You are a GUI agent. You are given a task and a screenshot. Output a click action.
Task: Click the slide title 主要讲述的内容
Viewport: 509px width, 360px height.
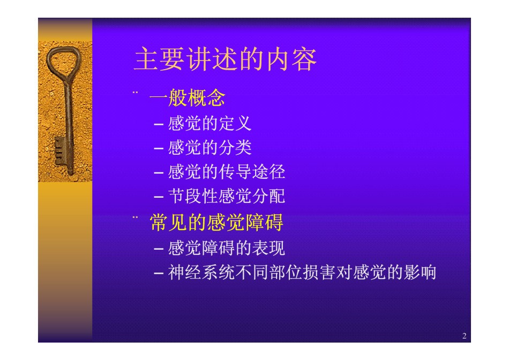[225, 59]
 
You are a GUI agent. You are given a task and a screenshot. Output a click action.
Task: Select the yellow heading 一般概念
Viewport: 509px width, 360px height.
[188, 97]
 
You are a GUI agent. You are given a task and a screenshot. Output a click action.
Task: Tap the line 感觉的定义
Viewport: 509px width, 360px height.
[209, 123]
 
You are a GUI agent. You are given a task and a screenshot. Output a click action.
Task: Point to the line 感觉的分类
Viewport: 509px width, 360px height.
[209, 148]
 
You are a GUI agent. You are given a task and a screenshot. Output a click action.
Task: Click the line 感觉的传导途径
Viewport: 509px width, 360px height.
[227, 172]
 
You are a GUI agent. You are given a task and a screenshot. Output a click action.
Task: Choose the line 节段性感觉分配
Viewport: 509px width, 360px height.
[227, 196]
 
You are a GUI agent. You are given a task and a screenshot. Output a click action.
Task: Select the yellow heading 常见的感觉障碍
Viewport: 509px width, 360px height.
[216, 222]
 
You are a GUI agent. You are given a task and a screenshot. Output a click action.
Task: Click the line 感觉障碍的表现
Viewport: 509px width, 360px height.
[227, 248]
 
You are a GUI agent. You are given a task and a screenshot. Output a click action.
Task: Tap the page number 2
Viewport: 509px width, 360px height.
[464, 336]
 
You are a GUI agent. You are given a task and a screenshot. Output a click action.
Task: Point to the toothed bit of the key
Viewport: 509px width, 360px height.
[59, 151]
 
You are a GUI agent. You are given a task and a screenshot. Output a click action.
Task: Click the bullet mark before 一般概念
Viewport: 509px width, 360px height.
[135, 93]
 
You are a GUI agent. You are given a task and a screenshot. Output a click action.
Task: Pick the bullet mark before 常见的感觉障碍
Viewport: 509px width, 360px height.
[135, 217]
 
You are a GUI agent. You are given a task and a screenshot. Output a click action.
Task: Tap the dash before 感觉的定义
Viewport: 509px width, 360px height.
[159, 124]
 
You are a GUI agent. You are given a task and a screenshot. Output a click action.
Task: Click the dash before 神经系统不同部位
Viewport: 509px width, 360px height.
[159, 273]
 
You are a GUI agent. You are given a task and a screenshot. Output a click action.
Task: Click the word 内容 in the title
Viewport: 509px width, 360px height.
[291, 59]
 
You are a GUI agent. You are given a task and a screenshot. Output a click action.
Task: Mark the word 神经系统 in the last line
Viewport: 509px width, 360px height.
[201, 272]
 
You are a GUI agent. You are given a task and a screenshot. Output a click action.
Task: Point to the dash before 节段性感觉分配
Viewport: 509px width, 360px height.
[159, 197]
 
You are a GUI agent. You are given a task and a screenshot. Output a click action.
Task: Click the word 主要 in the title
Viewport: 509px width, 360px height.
[159, 59]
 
